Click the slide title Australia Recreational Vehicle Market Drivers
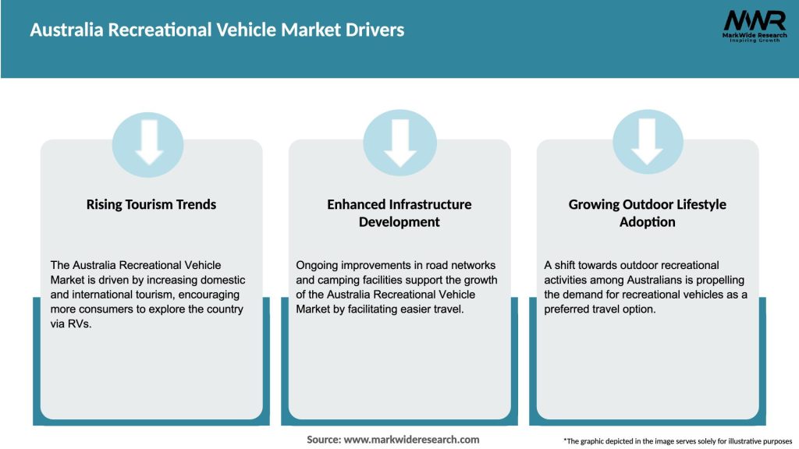tap(217, 30)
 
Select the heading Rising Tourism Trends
tap(151, 204)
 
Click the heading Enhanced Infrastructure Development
tap(399, 213)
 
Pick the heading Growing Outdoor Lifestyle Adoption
tap(647, 213)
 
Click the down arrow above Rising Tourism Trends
tap(148, 143)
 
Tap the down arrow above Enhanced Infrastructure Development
tap(399, 143)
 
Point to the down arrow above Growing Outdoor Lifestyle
tap(647, 143)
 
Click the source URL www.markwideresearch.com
tap(412, 440)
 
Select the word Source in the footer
tap(323, 440)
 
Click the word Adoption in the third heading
tap(647, 222)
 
